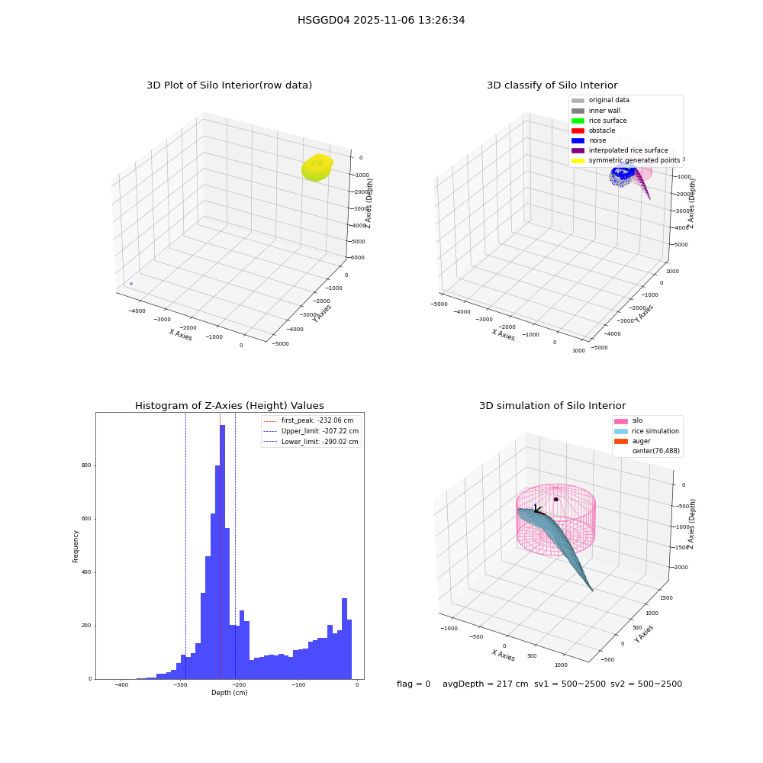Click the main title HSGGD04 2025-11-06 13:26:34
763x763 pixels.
point(381,20)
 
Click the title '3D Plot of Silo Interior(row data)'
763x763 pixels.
point(229,85)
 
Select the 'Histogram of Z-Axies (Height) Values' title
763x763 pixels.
point(229,406)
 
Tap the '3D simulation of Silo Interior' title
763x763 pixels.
point(552,406)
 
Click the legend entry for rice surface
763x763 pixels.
point(599,121)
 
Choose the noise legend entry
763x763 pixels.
point(589,140)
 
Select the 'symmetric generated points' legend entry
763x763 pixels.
point(626,160)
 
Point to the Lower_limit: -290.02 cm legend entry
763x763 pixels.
point(311,442)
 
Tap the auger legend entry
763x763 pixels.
point(632,441)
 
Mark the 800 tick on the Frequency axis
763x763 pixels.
point(86,465)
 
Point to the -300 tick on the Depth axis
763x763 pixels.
point(181,684)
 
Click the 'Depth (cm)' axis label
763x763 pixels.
point(229,693)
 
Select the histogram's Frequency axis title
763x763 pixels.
point(76,546)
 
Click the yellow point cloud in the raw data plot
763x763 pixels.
point(317,167)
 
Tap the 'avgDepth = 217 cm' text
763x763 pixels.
point(485,684)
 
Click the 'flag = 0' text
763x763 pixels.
point(414,684)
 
